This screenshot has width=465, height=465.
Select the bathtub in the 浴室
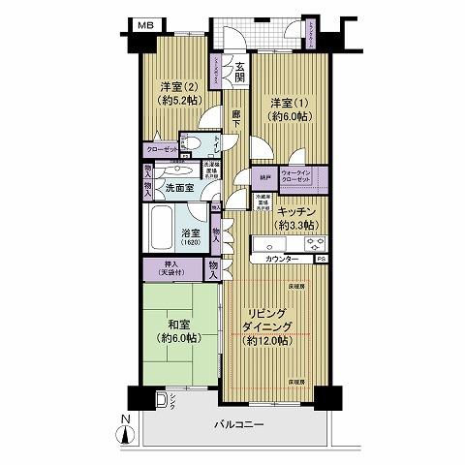[161, 230]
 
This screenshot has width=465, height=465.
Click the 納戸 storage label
[264, 177]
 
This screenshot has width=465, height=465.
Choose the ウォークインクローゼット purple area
[302, 177]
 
